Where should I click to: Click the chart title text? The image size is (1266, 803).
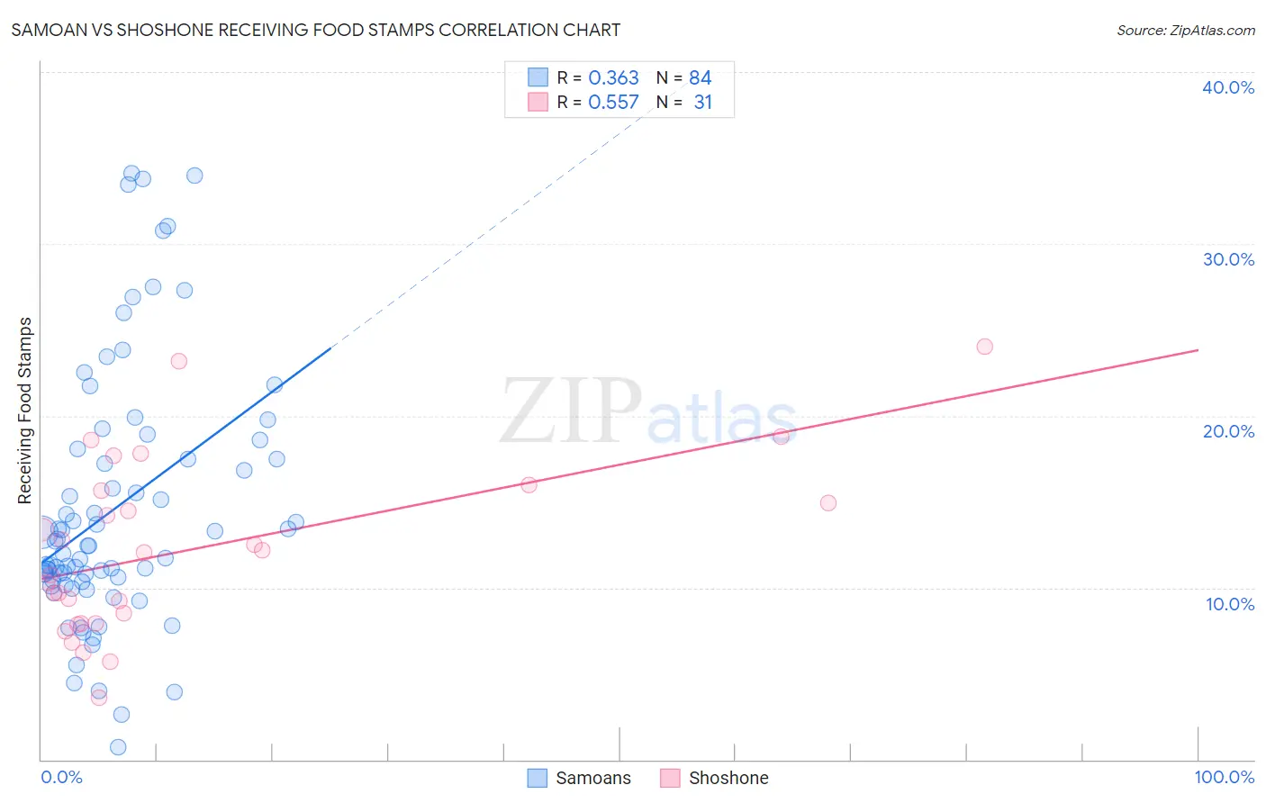tap(315, 30)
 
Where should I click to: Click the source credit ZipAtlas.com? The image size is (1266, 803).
tap(1185, 30)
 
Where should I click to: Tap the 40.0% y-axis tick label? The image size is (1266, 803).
tap(1227, 87)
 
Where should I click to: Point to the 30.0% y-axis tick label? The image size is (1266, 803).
tap(1227, 259)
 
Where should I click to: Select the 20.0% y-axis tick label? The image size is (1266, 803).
tap(1227, 431)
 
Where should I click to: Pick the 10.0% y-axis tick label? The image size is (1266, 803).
tap(1229, 604)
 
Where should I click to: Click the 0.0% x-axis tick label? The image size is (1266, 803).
tap(61, 777)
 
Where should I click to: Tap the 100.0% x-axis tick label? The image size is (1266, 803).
tap(1224, 777)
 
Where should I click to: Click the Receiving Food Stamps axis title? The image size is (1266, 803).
tap(25, 411)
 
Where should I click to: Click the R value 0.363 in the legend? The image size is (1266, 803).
tap(613, 78)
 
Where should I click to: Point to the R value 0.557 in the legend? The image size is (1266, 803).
tap(613, 103)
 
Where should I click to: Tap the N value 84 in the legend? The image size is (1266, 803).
tap(700, 78)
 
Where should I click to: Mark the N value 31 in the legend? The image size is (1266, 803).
tap(702, 103)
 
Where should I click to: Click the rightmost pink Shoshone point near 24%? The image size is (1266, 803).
tap(984, 347)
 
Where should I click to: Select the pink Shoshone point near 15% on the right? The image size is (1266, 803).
tap(827, 503)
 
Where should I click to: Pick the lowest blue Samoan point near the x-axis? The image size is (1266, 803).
tap(118, 747)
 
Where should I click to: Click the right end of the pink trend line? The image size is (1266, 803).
tap(1198, 349)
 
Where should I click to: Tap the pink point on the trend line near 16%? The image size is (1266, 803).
tap(529, 485)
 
